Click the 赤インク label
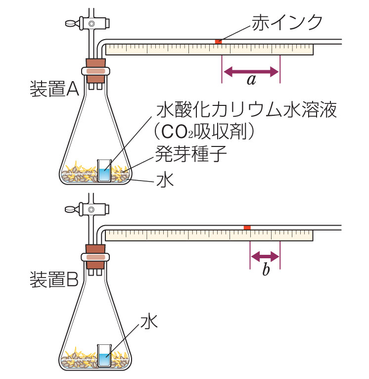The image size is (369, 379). tap(287, 22)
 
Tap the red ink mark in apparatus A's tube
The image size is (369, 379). tap(218, 41)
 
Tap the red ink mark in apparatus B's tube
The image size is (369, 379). tap(247, 227)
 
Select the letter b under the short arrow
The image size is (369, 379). tap(266, 270)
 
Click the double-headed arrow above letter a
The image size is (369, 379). tap(251, 72)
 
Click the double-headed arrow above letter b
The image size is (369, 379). tap(266, 256)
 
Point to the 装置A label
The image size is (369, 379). tap(54, 89)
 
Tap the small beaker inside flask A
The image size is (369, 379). tap(104, 171)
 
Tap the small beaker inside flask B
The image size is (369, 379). tap(104, 355)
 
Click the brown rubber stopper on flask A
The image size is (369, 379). tap(96, 68)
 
